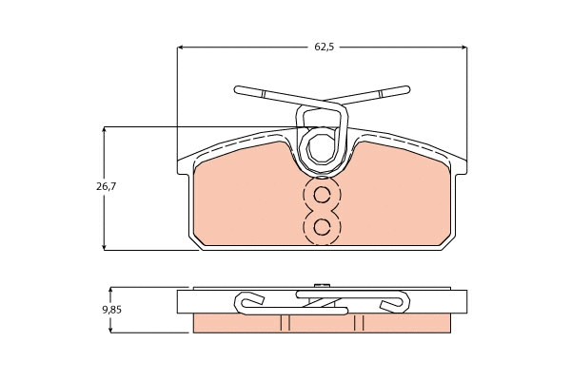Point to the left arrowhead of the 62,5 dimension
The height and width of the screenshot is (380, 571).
click(x=181, y=46)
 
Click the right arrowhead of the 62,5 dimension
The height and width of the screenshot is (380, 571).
click(x=463, y=46)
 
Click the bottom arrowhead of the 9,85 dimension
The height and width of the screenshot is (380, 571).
click(x=111, y=329)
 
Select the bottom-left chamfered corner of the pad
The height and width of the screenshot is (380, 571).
click(x=197, y=245)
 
